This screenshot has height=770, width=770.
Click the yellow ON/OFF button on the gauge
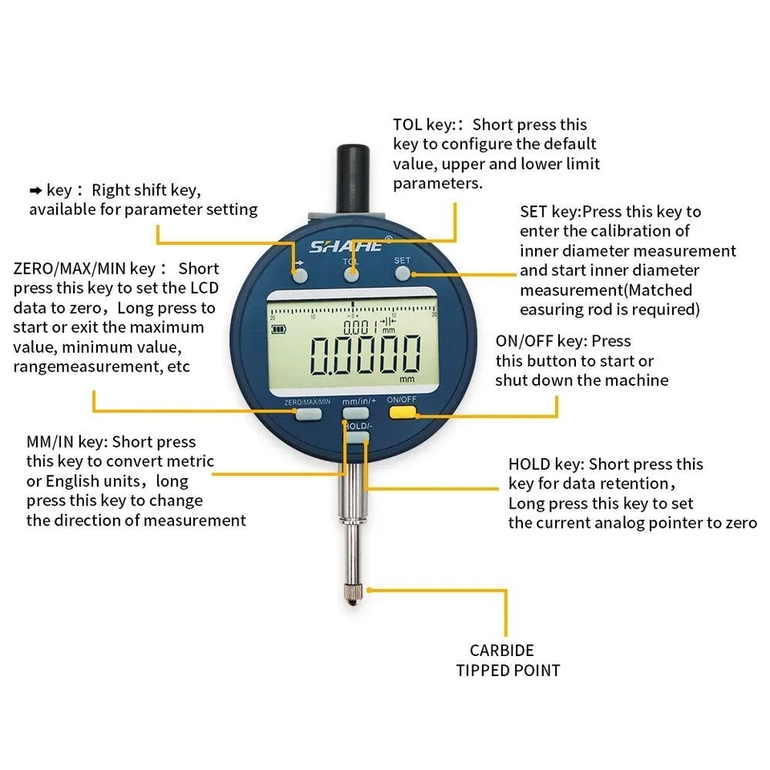(403, 413)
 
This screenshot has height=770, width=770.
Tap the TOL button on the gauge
(351, 274)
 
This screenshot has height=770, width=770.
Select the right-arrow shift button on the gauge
(300, 275)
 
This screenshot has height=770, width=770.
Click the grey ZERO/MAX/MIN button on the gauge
(307, 414)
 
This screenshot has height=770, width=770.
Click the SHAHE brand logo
(346, 246)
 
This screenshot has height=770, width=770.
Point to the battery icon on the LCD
(279, 328)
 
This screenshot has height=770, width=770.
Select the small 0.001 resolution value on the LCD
(358, 327)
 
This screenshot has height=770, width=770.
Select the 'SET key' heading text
(549, 212)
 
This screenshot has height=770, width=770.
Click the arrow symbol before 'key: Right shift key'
(35, 191)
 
